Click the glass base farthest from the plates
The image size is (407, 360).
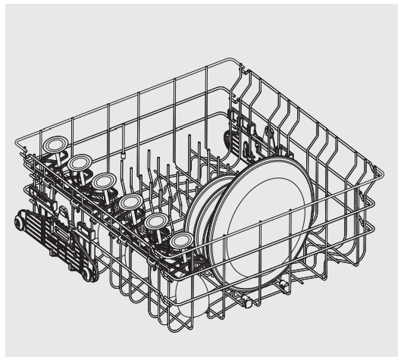[55, 144]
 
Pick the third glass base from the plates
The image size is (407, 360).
[130, 202]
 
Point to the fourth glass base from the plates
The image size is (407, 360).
[105, 180]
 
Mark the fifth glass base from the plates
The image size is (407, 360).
[79, 162]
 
